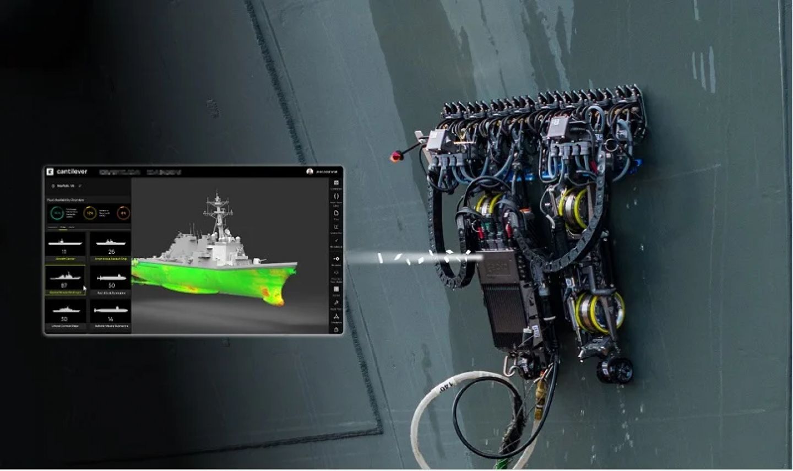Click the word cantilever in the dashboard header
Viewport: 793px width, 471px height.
tap(72, 172)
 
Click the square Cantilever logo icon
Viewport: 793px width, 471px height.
tap(50, 172)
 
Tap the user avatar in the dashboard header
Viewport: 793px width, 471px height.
tap(310, 172)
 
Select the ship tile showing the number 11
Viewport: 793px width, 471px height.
tap(65, 246)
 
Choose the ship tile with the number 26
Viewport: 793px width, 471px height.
tap(111, 246)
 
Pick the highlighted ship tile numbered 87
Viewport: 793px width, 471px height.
tap(65, 279)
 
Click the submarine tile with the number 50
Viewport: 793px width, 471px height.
tap(111, 280)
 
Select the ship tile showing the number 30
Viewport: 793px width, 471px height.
tap(65, 313)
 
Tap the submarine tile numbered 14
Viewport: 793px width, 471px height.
tap(111, 313)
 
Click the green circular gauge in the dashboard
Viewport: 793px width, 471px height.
tap(57, 213)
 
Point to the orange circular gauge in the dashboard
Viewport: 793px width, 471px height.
tap(123, 213)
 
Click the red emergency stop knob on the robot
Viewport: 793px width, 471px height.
tap(395, 157)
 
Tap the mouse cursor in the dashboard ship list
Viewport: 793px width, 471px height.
tap(84, 288)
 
